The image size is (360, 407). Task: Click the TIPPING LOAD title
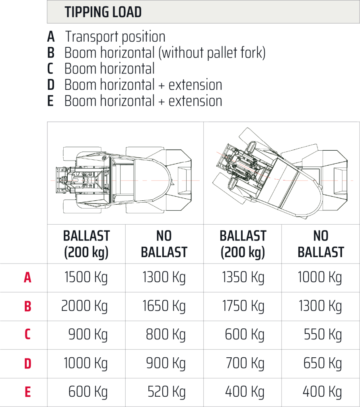[x=103, y=12]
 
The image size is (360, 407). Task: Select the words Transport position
[x=115, y=37]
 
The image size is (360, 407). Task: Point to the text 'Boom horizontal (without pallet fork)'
[x=165, y=53]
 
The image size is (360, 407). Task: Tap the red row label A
[x=27, y=277]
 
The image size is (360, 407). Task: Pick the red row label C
[x=27, y=335]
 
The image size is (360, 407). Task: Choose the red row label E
[x=27, y=392]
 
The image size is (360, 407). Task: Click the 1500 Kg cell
[x=86, y=277]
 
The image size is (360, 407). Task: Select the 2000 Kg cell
[x=84, y=306]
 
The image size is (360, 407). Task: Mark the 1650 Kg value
[x=164, y=306]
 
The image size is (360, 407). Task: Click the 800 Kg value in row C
[x=165, y=335]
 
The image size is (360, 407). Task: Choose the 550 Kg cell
[x=323, y=335]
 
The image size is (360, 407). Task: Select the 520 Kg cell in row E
[x=166, y=392]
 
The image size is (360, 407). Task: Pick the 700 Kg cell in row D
[x=245, y=363]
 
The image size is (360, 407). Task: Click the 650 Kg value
[x=323, y=363]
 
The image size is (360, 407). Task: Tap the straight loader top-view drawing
[x=122, y=170]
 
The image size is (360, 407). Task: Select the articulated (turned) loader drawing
[x=283, y=170]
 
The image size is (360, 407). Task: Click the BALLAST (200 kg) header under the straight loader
[x=86, y=244]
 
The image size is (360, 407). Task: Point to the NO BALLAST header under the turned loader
[x=321, y=244]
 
